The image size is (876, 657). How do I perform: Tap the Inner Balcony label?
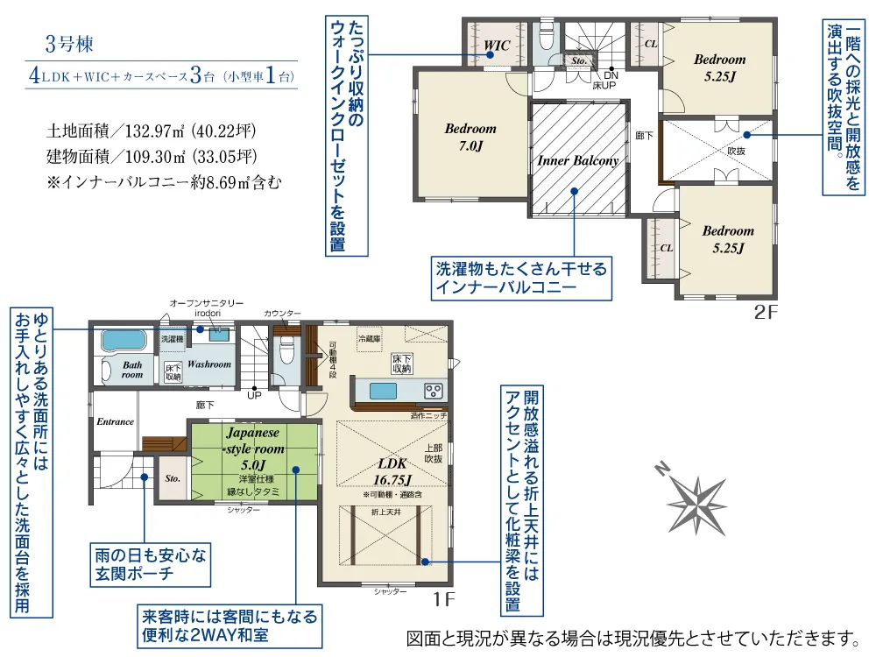(x=577, y=160)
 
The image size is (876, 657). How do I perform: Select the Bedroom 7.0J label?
(x=470, y=138)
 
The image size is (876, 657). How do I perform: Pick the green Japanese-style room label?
(x=252, y=448)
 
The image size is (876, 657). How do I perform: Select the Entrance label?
(x=115, y=421)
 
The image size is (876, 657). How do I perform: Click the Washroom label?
(x=208, y=364)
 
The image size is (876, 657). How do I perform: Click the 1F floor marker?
(x=443, y=600)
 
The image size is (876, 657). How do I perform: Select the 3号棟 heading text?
(x=68, y=42)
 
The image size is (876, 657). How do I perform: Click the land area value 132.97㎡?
(x=150, y=133)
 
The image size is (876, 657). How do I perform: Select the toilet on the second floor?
(x=545, y=37)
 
